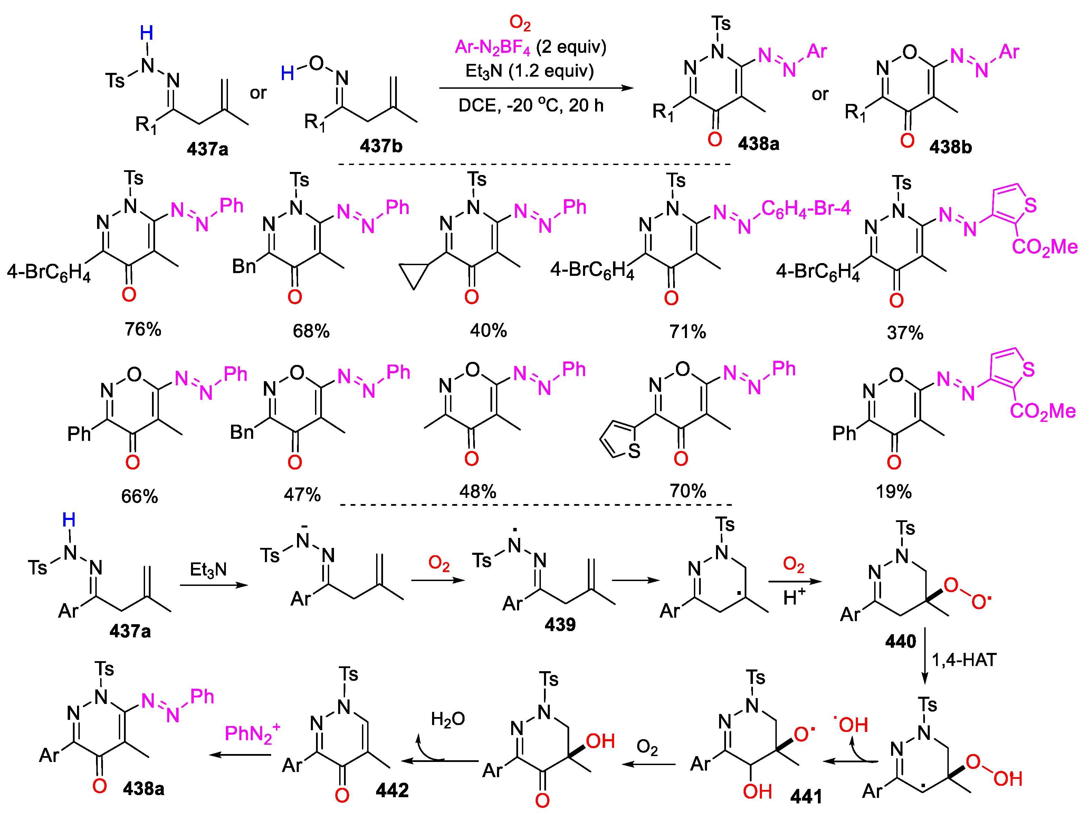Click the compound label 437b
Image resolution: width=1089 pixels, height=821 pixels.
coord(381,146)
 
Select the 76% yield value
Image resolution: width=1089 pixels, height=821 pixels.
coord(143,329)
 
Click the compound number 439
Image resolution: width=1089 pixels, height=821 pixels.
coord(560,625)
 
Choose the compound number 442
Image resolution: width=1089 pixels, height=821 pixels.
coord(392,791)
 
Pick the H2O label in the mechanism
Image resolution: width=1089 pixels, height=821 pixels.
coord(448,719)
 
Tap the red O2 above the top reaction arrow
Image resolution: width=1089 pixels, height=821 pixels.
coord(520,23)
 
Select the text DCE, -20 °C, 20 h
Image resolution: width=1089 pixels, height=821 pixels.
coord(531,105)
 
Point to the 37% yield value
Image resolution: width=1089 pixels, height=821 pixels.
coord(905,333)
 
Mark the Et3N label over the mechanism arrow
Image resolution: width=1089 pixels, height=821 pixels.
coord(208,570)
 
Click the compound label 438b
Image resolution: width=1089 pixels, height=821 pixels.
coord(950,147)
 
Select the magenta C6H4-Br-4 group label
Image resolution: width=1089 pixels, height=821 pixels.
coord(806,209)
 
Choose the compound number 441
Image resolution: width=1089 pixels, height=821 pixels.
coord(806,796)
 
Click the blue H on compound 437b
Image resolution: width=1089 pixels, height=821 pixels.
coord(287,74)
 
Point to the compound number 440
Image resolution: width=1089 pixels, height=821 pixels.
coord(900,641)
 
